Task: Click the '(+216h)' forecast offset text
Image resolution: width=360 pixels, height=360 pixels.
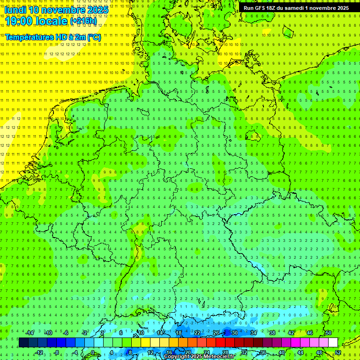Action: [84, 21]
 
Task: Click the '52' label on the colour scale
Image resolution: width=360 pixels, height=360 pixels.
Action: [338, 352]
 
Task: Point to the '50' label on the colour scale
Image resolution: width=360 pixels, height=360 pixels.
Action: [328, 333]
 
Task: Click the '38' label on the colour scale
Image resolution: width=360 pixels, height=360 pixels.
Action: [272, 333]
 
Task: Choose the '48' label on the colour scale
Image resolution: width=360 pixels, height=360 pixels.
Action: [319, 352]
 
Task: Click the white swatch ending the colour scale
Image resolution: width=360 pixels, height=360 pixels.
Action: [333, 343]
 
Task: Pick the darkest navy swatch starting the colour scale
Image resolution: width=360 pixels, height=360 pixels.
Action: [23, 343]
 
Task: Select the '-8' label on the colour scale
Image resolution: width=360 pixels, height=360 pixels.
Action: [57, 352]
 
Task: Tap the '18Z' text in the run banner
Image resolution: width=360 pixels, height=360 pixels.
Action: [271, 8]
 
